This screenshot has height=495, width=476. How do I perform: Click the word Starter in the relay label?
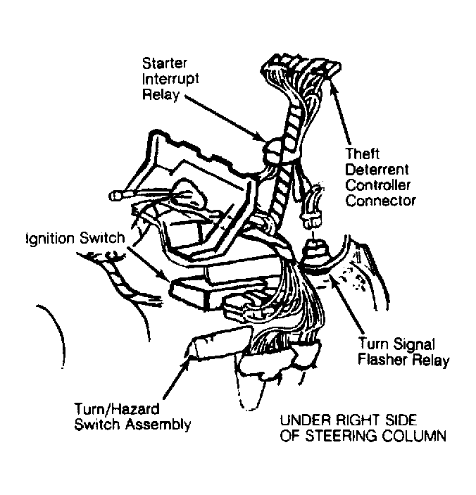[165, 63]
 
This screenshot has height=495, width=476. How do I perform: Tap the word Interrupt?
[170, 79]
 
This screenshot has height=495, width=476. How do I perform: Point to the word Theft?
[362, 154]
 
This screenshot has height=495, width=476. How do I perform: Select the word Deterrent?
[377, 170]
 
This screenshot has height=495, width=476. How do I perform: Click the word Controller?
[377, 185]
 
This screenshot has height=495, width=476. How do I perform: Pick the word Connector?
[380, 201]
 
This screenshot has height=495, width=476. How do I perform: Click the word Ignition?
[51, 239]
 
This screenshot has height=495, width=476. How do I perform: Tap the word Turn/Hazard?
[117, 409]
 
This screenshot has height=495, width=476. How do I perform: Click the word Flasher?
[382, 359]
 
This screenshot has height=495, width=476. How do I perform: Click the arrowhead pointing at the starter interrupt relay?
[261, 137]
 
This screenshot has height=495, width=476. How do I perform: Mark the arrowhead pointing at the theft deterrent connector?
[332, 86]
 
